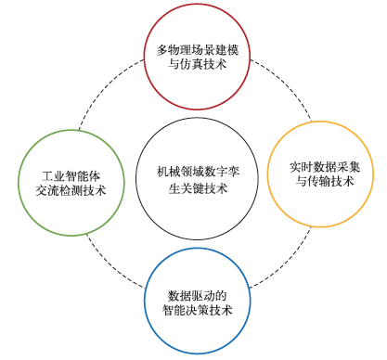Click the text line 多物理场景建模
click(x=198, y=50)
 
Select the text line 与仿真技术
click(x=198, y=64)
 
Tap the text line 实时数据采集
click(x=325, y=167)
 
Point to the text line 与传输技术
click(x=325, y=181)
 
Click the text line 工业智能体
click(x=71, y=176)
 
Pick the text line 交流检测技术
click(x=71, y=190)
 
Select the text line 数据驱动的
click(x=198, y=296)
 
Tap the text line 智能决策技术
click(x=198, y=310)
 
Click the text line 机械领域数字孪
click(x=198, y=172)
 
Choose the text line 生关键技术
click(x=198, y=188)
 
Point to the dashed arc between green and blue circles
click(x=110, y=266)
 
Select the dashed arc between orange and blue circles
click(x=287, y=263)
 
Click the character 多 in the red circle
click(x=162, y=50)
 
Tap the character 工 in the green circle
click(x=47, y=176)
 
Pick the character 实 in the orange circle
click(x=295, y=167)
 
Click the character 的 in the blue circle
click(x=221, y=296)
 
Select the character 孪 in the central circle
click(x=234, y=172)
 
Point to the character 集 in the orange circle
click(x=355, y=167)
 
